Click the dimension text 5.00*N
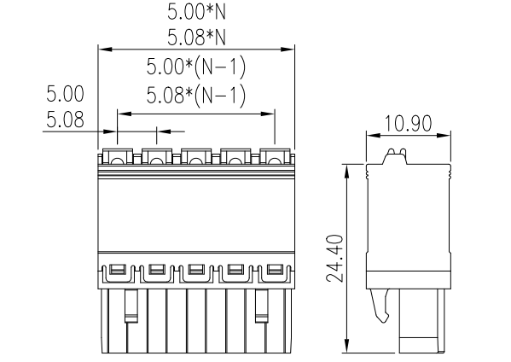[x=195, y=12]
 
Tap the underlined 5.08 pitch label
[x=65, y=120]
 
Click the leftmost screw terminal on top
[x=117, y=156]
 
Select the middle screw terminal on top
[x=196, y=156]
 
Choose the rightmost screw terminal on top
[x=274, y=156]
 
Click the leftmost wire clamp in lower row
[x=117, y=271]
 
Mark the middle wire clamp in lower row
[x=196, y=271]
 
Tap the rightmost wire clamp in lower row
[x=274, y=271]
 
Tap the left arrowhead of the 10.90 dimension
[x=370, y=135]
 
